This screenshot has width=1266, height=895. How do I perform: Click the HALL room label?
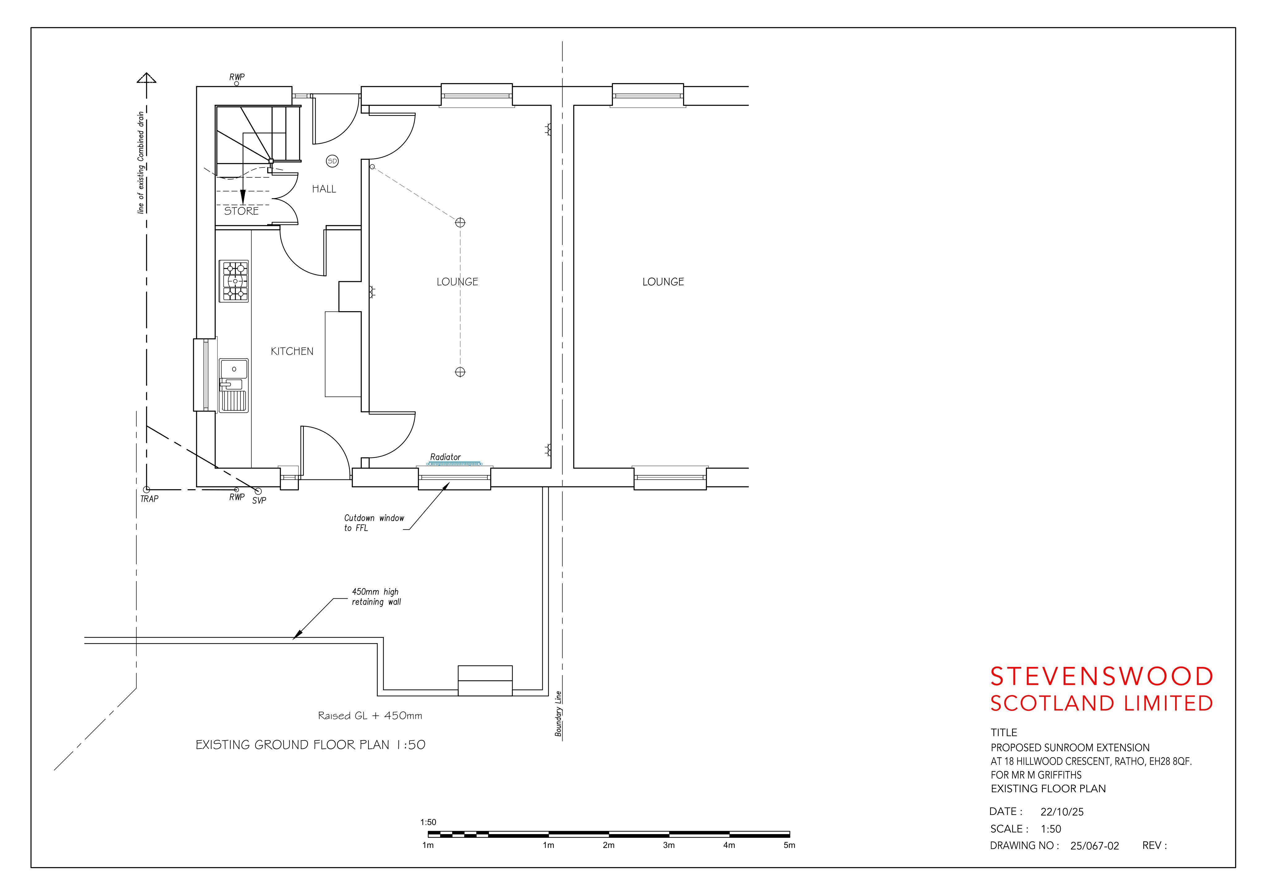pos(324,189)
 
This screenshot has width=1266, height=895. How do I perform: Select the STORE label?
pos(241,211)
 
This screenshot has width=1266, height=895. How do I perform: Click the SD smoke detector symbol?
pos(332,161)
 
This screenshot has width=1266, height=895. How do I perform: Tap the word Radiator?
pos(445,457)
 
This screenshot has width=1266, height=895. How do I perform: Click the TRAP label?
pos(149,499)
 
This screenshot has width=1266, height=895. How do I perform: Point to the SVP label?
pos(259,501)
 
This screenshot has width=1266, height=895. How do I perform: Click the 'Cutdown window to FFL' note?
pos(374,523)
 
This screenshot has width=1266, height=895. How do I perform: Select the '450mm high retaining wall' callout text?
pos(376,597)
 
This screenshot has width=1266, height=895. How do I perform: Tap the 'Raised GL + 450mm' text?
pos(370,716)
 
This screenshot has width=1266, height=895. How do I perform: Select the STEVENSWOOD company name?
pos(1102,677)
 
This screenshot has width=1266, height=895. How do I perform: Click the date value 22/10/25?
pos(1062,812)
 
